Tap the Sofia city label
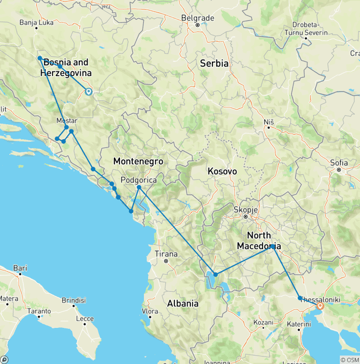coord(339,163)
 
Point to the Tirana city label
coord(166,254)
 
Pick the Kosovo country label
coord(223,172)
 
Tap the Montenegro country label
coord(138,161)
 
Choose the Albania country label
coord(183,303)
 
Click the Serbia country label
coord(214,63)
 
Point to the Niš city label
coord(269,121)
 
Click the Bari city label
coord(20,268)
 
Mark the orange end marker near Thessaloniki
coord(320,306)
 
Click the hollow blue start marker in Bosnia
coord(88,92)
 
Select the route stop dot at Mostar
coord(67,127)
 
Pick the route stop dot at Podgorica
coord(139,187)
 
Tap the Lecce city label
coord(86,319)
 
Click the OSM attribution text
coord(349,360)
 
